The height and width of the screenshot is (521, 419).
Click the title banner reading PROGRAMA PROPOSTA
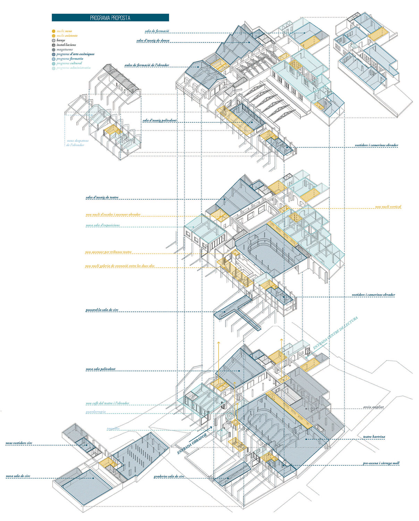[110, 18]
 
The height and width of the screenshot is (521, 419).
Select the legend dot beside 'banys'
[53, 40]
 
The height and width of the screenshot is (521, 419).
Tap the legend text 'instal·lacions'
[66, 45]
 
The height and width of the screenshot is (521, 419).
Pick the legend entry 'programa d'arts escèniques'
[75, 54]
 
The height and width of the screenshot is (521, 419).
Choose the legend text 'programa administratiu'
[73, 68]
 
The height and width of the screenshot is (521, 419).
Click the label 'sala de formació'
[157, 31]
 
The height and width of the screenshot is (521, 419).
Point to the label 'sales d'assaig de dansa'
[153, 41]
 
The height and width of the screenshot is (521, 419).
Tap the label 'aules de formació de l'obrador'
[147, 65]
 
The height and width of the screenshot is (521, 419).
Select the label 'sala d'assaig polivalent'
[159, 121]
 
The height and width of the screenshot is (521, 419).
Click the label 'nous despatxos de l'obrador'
[77, 143]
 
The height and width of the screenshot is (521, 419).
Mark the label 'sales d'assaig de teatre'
[102, 198]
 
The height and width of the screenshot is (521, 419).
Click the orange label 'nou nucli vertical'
[388, 207]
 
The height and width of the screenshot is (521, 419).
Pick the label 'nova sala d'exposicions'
[103, 225]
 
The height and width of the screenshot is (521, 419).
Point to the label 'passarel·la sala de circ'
[102, 310]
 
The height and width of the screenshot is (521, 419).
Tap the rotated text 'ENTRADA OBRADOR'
[192, 444]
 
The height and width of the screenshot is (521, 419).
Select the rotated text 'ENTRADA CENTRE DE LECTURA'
[335, 333]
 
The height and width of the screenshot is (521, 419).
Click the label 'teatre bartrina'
[374, 437]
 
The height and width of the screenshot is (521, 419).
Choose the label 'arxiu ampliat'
[373, 407]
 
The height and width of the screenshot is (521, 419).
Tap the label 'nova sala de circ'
[18, 476]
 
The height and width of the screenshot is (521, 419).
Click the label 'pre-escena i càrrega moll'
[381, 463]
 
